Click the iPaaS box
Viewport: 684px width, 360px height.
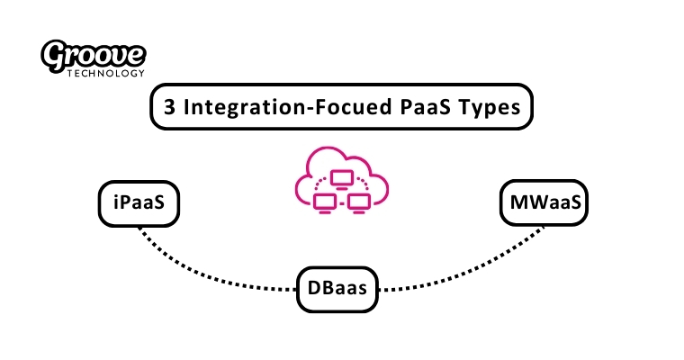(139, 204)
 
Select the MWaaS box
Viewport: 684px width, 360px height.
(544, 204)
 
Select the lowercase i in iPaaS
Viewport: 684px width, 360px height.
(115, 204)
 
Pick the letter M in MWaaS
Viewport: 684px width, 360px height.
(517, 204)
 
